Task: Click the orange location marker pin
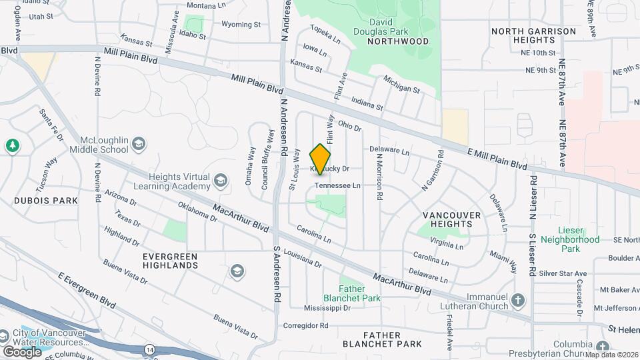(321, 159)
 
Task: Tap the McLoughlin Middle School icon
(138, 145)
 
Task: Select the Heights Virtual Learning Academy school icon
(220, 180)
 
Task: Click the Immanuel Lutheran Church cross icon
(519, 300)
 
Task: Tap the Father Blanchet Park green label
(359, 293)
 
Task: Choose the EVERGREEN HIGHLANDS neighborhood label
(171, 260)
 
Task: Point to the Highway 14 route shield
(152, 349)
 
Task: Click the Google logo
(22, 351)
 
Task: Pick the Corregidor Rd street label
(306, 326)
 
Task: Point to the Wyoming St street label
(241, 25)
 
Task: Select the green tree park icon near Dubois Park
(12, 145)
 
